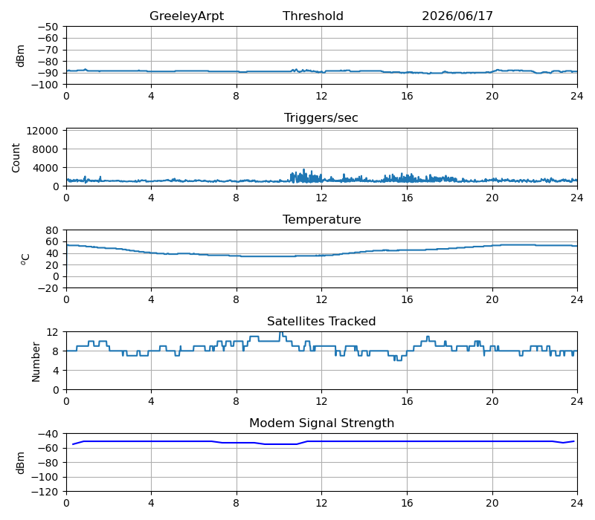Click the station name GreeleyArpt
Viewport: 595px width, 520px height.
[187, 16]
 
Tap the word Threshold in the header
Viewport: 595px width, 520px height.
[313, 16]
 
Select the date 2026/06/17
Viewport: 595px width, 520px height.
[457, 16]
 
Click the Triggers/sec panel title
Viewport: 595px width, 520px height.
[321, 118]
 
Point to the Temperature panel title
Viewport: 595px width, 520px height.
[321, 219]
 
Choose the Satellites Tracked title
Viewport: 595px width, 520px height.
[321, 321]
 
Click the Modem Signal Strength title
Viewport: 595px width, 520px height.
[321, 423]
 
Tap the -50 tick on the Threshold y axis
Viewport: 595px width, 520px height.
[48, 27]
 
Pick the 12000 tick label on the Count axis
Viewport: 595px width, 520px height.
[42, 131]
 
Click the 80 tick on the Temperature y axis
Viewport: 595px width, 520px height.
[52, 230]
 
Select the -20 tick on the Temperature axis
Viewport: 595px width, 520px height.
[48, 288]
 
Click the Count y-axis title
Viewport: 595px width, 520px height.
[16, 157]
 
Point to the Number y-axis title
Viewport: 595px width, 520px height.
[36, 362]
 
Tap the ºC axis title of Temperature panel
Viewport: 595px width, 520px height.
[25, 259]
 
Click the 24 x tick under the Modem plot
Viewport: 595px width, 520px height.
[577, 504]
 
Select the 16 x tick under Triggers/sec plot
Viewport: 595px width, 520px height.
[407, 198]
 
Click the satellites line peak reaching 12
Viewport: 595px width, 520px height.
[281, 333]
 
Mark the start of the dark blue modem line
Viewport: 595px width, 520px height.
[72, 444]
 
